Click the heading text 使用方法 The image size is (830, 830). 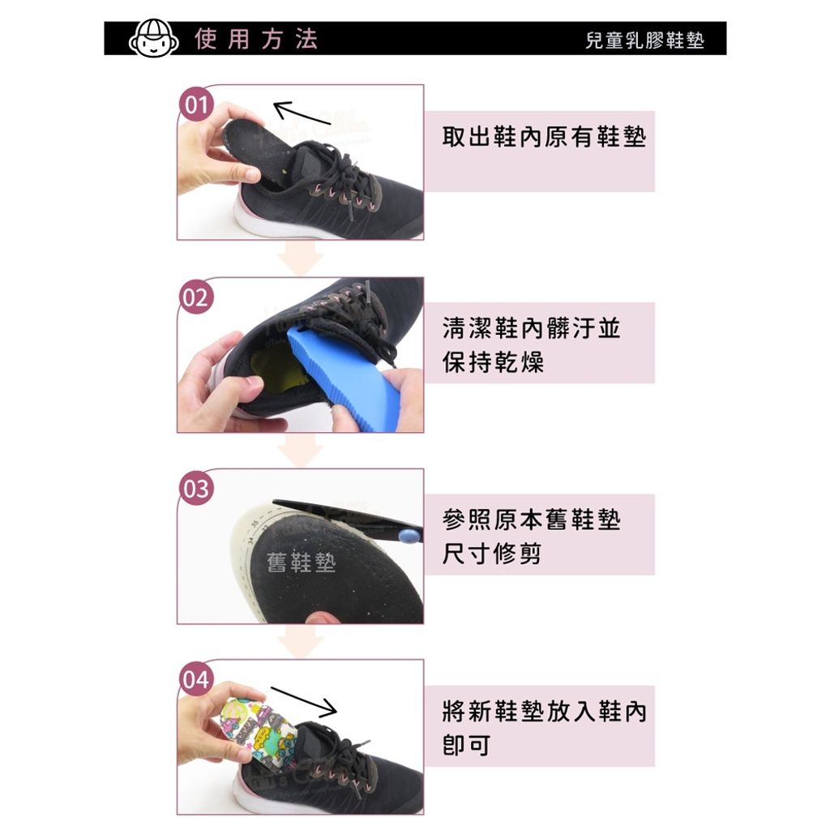point(256,39)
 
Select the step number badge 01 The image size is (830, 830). point(195,105)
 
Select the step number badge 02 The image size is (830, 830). point(195,297)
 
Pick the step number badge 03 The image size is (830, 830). point(195,489)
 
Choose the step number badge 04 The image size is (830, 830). point(195,679)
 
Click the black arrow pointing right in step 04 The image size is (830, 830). point(303,701)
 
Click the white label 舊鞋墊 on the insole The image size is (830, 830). point(301,563)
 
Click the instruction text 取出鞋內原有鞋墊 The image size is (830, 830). point(544,137)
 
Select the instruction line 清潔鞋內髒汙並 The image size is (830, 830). point(532,328)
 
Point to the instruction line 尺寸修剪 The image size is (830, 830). point(492,554)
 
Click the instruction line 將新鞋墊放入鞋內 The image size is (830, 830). point(545,712)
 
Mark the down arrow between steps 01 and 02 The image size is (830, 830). point(300,261)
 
